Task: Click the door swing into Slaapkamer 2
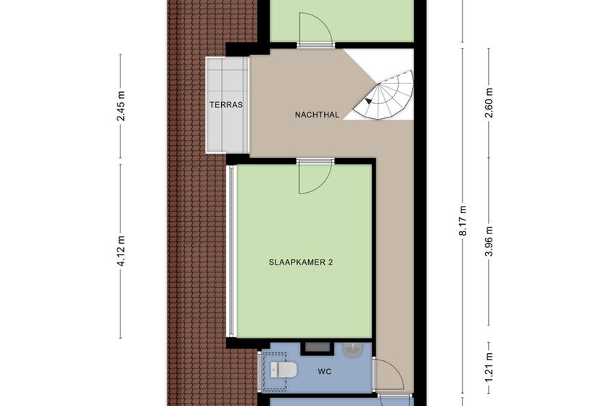[314, 177]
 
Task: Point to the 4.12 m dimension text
[121, 250]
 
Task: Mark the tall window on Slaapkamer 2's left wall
[231, 251]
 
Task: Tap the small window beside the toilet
[260, 370]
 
